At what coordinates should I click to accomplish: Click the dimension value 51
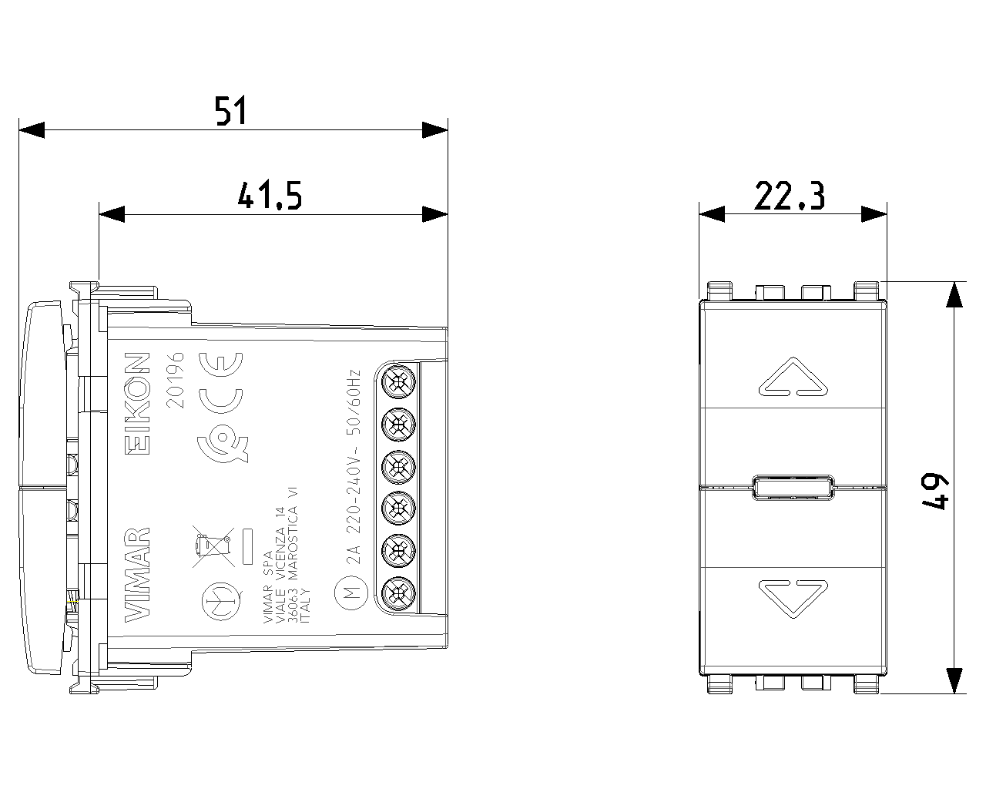pyautogui.click(x=231, y=110)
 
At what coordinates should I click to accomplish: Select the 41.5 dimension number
pyautogui.click(x=270, y=195)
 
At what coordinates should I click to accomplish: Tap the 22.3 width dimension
pyautogui.click(x=789, y=195)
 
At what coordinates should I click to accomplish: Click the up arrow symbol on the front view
pyautogui.click(x=793, y=378)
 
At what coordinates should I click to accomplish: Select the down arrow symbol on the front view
pyautogui.click(x=793, y=598)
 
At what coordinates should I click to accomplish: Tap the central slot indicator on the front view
pyautogui.click(x=793, y=487)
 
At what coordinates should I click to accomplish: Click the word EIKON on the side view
pyautogui.click(x=137, y=404)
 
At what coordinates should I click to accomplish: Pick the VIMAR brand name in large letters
pyautogui.click(x=137, y=575)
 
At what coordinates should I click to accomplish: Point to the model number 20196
pyautogui.click(x=176, y=380)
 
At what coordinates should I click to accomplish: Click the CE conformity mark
pyautogui.click(x=221, y=383)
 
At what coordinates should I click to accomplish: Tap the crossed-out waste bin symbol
pyautogui.click(x=213, y=546)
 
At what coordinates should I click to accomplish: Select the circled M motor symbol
pyautogui.click(x=351, y=594)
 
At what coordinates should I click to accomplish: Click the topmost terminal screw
pyautogui.click(x=398, y=381)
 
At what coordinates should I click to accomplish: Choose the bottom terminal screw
pyautogui.click(x=398, y=594)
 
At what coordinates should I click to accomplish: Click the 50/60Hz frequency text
pyautogui.click(x=354, y=402)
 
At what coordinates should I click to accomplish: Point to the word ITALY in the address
pyautogui.click(x=306, y=606)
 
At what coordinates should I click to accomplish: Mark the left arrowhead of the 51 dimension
pyautogui.click(x=32, y=129)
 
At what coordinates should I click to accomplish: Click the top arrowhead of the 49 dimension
pyautogui.click(x=954, y=294)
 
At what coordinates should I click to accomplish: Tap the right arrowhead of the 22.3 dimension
pyautogui.click(x=874, y=214)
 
